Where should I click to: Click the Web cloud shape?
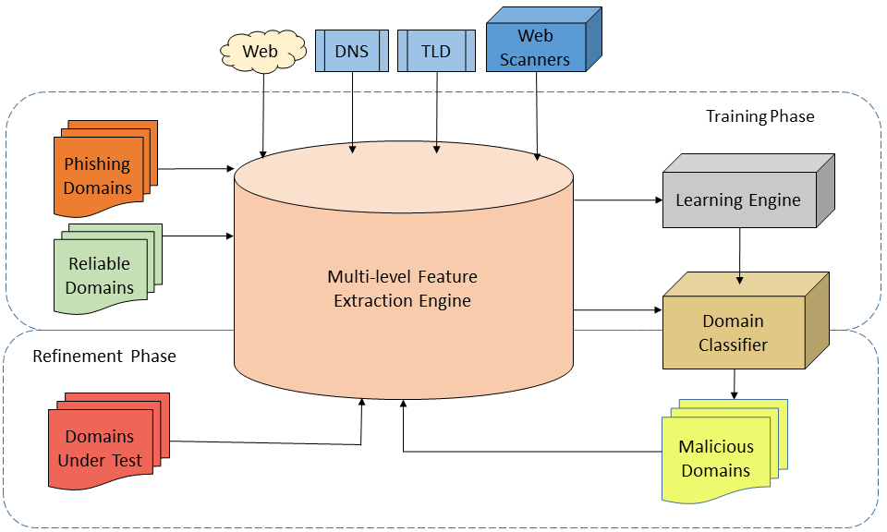click(261, 52)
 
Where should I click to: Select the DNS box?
click(352, 51)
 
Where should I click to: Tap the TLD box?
click(435, 51)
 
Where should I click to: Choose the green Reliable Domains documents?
click(100, 274)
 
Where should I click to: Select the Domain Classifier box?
click(734, 332)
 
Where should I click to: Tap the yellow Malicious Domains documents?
click(716, 457)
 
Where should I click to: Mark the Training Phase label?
click(759, 116)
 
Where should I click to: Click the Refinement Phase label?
click(103, 356)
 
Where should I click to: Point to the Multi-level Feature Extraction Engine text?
click(403, 288)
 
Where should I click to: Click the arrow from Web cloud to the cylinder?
click(263, 115)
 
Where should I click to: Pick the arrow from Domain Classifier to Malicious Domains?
click(735, 382)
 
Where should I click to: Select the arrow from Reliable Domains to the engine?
click(196, 236)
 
